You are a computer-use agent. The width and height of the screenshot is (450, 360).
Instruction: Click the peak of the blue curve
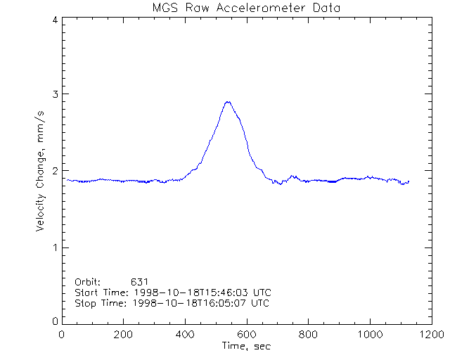tap(227, 101)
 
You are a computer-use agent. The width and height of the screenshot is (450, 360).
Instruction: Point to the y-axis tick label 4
tap(54, 20)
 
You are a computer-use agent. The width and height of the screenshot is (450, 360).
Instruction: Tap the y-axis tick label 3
tap(54, 94)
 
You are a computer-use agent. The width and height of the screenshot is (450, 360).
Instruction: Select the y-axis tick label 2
tap(54, 171)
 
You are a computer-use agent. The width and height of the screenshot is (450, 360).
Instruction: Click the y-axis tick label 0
tap(54, 321)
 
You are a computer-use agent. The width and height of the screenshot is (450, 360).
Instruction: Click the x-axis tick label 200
tap(124, 335)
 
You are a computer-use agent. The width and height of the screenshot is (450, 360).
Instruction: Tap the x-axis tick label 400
tap(185, 335)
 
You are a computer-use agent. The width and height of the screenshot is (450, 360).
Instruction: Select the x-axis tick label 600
tap(247, 335)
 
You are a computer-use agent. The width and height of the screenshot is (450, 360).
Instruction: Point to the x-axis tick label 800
tap(308, 335)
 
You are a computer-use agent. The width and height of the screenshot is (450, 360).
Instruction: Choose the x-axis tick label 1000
tap(369, 335)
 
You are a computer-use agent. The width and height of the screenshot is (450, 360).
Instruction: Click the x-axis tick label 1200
tap(430, 335)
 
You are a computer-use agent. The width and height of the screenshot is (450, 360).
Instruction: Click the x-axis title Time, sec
tap(246, 346)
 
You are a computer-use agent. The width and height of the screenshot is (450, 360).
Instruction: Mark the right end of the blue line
tap(409, 181)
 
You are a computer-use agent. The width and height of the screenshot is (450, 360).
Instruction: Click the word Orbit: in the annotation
tap(88, 281)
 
